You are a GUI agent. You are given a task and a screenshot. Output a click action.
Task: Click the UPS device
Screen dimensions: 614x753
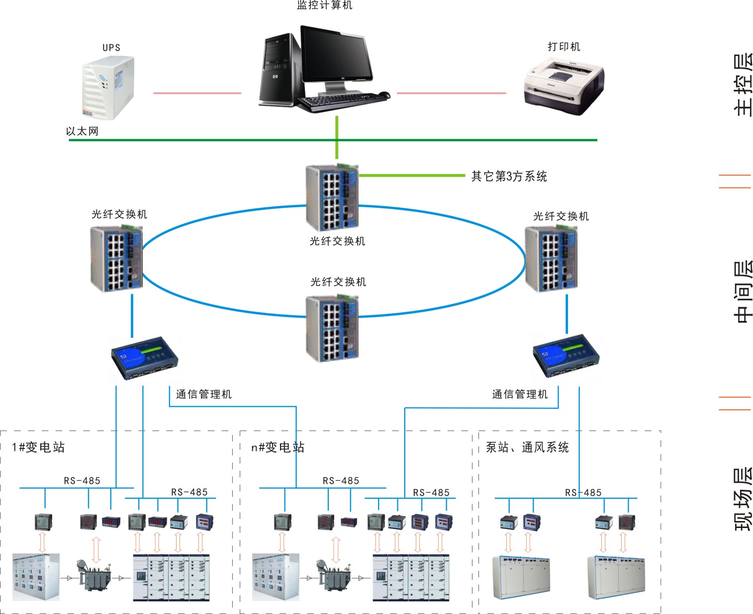pyautogui.click(x=108, y=88)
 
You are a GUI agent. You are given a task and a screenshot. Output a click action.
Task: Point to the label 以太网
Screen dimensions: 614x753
pyautogui.click(x=82, y=131)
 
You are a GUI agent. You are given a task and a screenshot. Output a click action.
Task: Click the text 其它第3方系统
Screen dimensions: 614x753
pyautogui.click(x=509, y=176)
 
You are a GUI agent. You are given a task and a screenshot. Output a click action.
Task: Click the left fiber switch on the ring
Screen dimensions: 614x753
pyautogui.click(x=116, y=259)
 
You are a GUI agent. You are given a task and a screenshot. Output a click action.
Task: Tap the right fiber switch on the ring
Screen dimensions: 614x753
pyautogui.click(x=551, y=259)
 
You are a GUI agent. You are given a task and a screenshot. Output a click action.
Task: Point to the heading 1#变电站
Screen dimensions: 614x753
pyautogui.click(x=38, y=447)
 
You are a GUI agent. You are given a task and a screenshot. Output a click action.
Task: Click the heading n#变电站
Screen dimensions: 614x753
pyautogui.click(x=278, y=447)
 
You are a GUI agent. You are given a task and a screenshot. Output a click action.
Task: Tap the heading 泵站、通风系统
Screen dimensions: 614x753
pyautogui.click(x=527, y=447)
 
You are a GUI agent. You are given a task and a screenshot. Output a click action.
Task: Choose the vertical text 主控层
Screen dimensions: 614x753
pyautogui.click(x=743, y=85)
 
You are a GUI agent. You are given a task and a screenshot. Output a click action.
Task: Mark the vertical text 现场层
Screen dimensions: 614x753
pyautogui.click(x=743, y=499)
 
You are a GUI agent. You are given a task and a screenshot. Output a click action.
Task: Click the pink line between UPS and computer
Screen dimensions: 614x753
pyautogui.click(x=197, y=93)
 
